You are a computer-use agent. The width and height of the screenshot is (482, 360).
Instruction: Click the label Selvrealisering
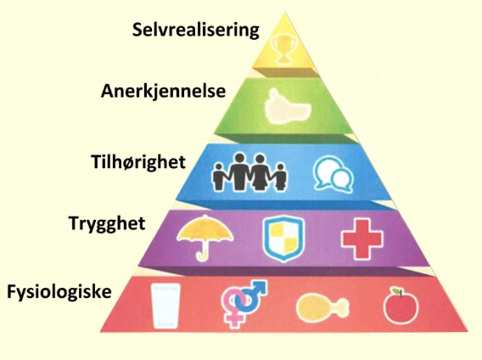point(196,31)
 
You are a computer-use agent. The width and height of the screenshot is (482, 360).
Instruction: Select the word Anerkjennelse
point(163,92)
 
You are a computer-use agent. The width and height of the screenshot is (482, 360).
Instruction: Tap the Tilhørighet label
point(138,161)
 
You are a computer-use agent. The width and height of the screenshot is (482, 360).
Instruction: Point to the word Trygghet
point(107,223)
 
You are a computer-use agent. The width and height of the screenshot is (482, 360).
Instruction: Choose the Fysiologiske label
point(59,292)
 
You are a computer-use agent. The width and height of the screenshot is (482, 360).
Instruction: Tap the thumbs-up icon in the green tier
point(287,107)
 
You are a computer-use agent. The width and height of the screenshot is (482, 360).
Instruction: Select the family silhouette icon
point(249,172)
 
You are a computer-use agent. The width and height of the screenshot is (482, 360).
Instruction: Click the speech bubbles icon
point(333,174)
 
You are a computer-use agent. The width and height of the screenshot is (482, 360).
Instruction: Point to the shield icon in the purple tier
point(283,239)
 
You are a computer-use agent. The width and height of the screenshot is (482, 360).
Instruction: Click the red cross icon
point(362,239)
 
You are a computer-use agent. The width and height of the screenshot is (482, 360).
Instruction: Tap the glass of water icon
point(165,306)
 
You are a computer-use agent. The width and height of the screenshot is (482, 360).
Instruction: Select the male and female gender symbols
point(244,303)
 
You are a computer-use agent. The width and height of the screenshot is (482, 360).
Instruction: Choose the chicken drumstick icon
point(322,307)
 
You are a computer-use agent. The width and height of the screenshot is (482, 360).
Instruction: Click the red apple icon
point(401,307)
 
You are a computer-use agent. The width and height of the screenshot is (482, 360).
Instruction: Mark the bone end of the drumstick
point(344,307)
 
